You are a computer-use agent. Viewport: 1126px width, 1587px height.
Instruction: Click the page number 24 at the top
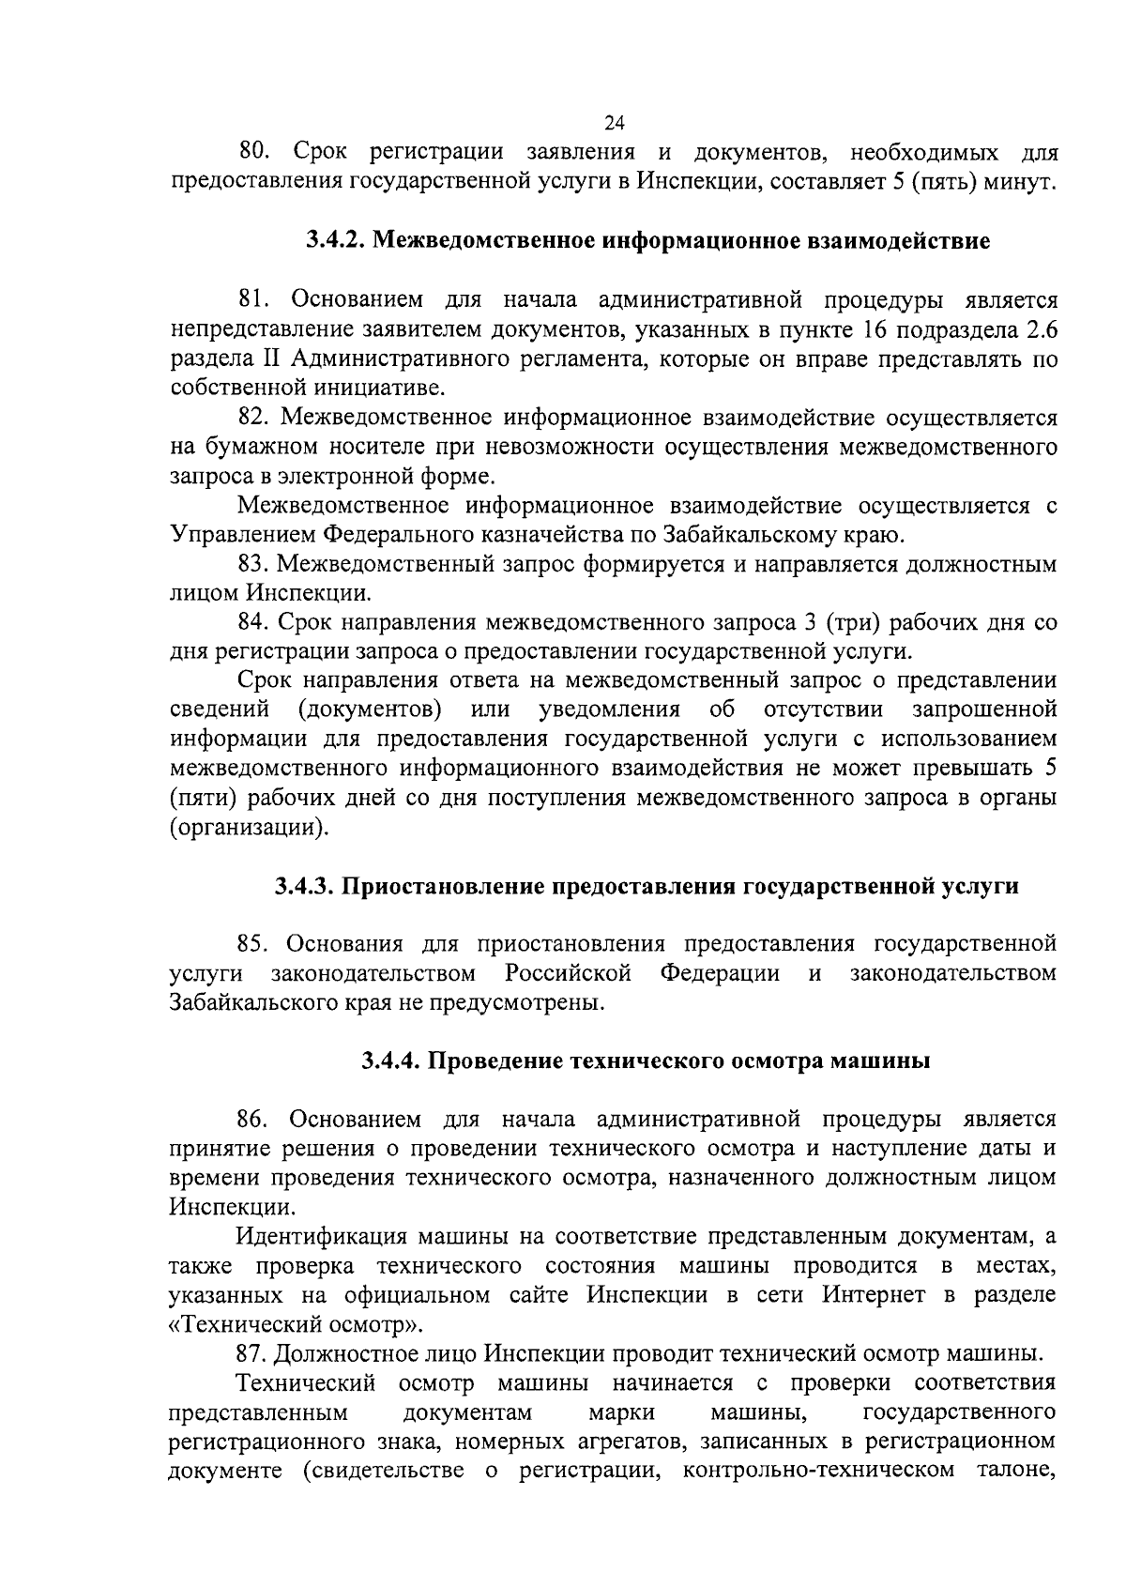click(615, 123)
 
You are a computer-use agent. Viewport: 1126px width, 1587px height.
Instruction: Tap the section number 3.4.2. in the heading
click(337, 240)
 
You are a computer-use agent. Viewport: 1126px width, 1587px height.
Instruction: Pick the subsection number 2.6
click(1040, 329)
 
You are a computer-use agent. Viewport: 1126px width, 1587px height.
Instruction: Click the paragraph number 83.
click(255, 565)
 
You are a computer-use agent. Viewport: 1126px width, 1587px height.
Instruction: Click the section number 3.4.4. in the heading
click(392, 1061)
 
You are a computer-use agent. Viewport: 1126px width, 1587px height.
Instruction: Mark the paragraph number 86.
click(255, 1120)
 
